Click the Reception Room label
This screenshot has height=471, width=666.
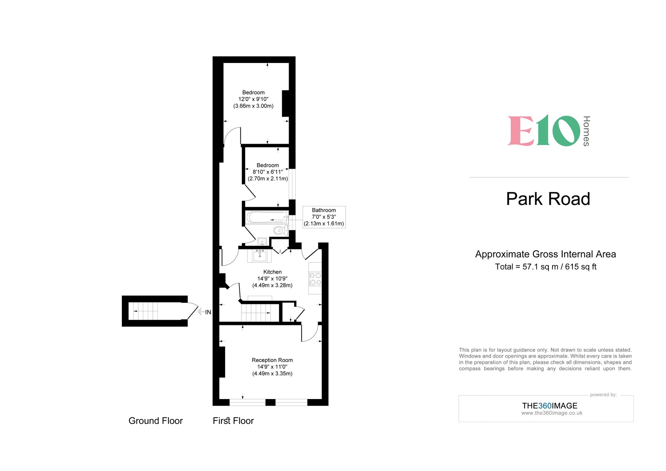(272, 360)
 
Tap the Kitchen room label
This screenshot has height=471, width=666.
(272, 272)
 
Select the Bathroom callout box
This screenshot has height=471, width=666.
(324, 217)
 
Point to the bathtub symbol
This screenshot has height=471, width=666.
(266, 218)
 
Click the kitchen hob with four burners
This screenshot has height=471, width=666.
(315, 279)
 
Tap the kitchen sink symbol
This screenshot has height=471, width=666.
(259, 256)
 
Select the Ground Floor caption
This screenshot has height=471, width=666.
(156, 421)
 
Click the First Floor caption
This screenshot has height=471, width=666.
(233, 421)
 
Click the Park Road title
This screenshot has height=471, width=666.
(548, 199)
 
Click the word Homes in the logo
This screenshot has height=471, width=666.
(586, 131)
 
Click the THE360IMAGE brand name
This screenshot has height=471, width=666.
(549, 406)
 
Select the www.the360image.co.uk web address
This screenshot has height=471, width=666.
(552, 413)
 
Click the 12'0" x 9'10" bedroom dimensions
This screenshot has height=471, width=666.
(253, 99)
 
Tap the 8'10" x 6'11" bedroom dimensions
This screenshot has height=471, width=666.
(267, 172)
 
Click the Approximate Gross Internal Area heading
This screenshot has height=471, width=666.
(545, 254)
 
